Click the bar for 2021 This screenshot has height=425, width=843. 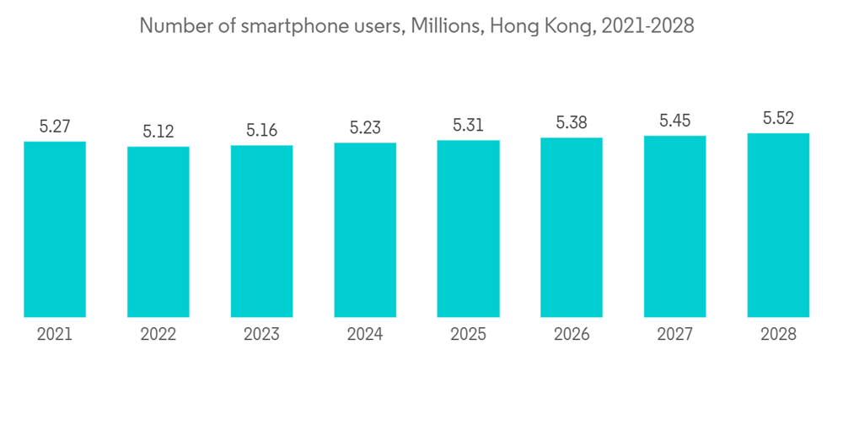pos(55,229)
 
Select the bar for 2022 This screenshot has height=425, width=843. pos(158,232)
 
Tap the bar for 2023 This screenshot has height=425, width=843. pos(261,231)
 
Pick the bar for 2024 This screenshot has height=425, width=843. pos(365,230)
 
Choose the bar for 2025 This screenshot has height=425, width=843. pos(468,229)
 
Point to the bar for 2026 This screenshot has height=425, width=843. pos(572,228)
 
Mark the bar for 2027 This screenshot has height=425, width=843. pos(674,226)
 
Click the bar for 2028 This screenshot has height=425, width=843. pos(778,225)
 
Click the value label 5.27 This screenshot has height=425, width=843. pos(55,126)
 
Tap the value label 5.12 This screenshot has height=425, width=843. pos(158,132)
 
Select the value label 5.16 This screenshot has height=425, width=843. pos(261,131)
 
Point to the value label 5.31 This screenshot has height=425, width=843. pos(468,125)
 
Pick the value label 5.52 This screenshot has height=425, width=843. pos(778,118)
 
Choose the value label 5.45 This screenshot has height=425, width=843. pos(674,121)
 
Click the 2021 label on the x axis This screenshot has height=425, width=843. pos(55,335)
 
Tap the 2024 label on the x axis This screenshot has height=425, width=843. pos(365,335)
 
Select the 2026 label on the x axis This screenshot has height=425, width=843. pos(572,335)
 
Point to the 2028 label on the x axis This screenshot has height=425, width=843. pos(778,335)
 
